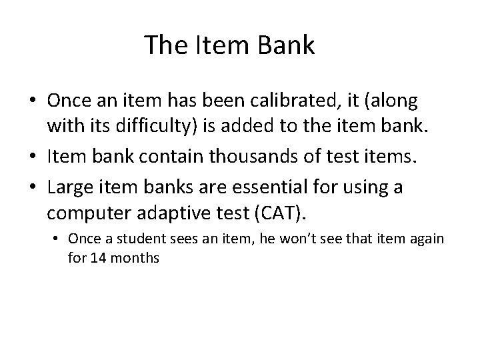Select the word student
(131, 239)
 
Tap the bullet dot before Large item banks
(33, 188)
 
